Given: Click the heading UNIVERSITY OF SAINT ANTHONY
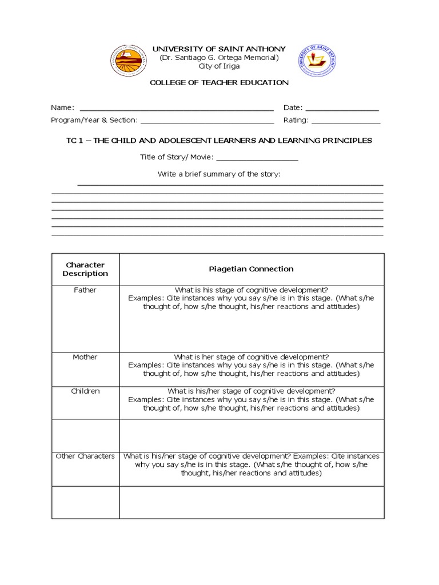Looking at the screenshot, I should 219,49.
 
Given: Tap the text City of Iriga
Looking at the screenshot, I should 219,66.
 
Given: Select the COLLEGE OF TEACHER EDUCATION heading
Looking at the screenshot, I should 219,82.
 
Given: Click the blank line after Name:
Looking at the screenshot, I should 176,109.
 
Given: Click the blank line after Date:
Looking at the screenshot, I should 342,109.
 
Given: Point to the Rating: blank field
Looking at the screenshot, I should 345,121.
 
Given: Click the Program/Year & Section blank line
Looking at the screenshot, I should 207,121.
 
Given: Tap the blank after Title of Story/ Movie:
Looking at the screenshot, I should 257,158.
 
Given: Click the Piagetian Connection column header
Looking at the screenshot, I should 251,269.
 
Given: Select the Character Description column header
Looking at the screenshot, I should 85,269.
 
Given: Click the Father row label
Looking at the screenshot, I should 85,290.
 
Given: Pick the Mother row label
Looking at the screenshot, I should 85,357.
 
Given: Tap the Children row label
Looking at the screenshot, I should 85,391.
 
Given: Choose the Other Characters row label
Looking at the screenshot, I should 85,456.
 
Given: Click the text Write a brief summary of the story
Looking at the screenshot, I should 219,174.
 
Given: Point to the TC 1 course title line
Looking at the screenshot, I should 219,140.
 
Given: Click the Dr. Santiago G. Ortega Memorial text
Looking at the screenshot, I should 219,58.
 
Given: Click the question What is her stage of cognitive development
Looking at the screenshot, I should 251,357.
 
